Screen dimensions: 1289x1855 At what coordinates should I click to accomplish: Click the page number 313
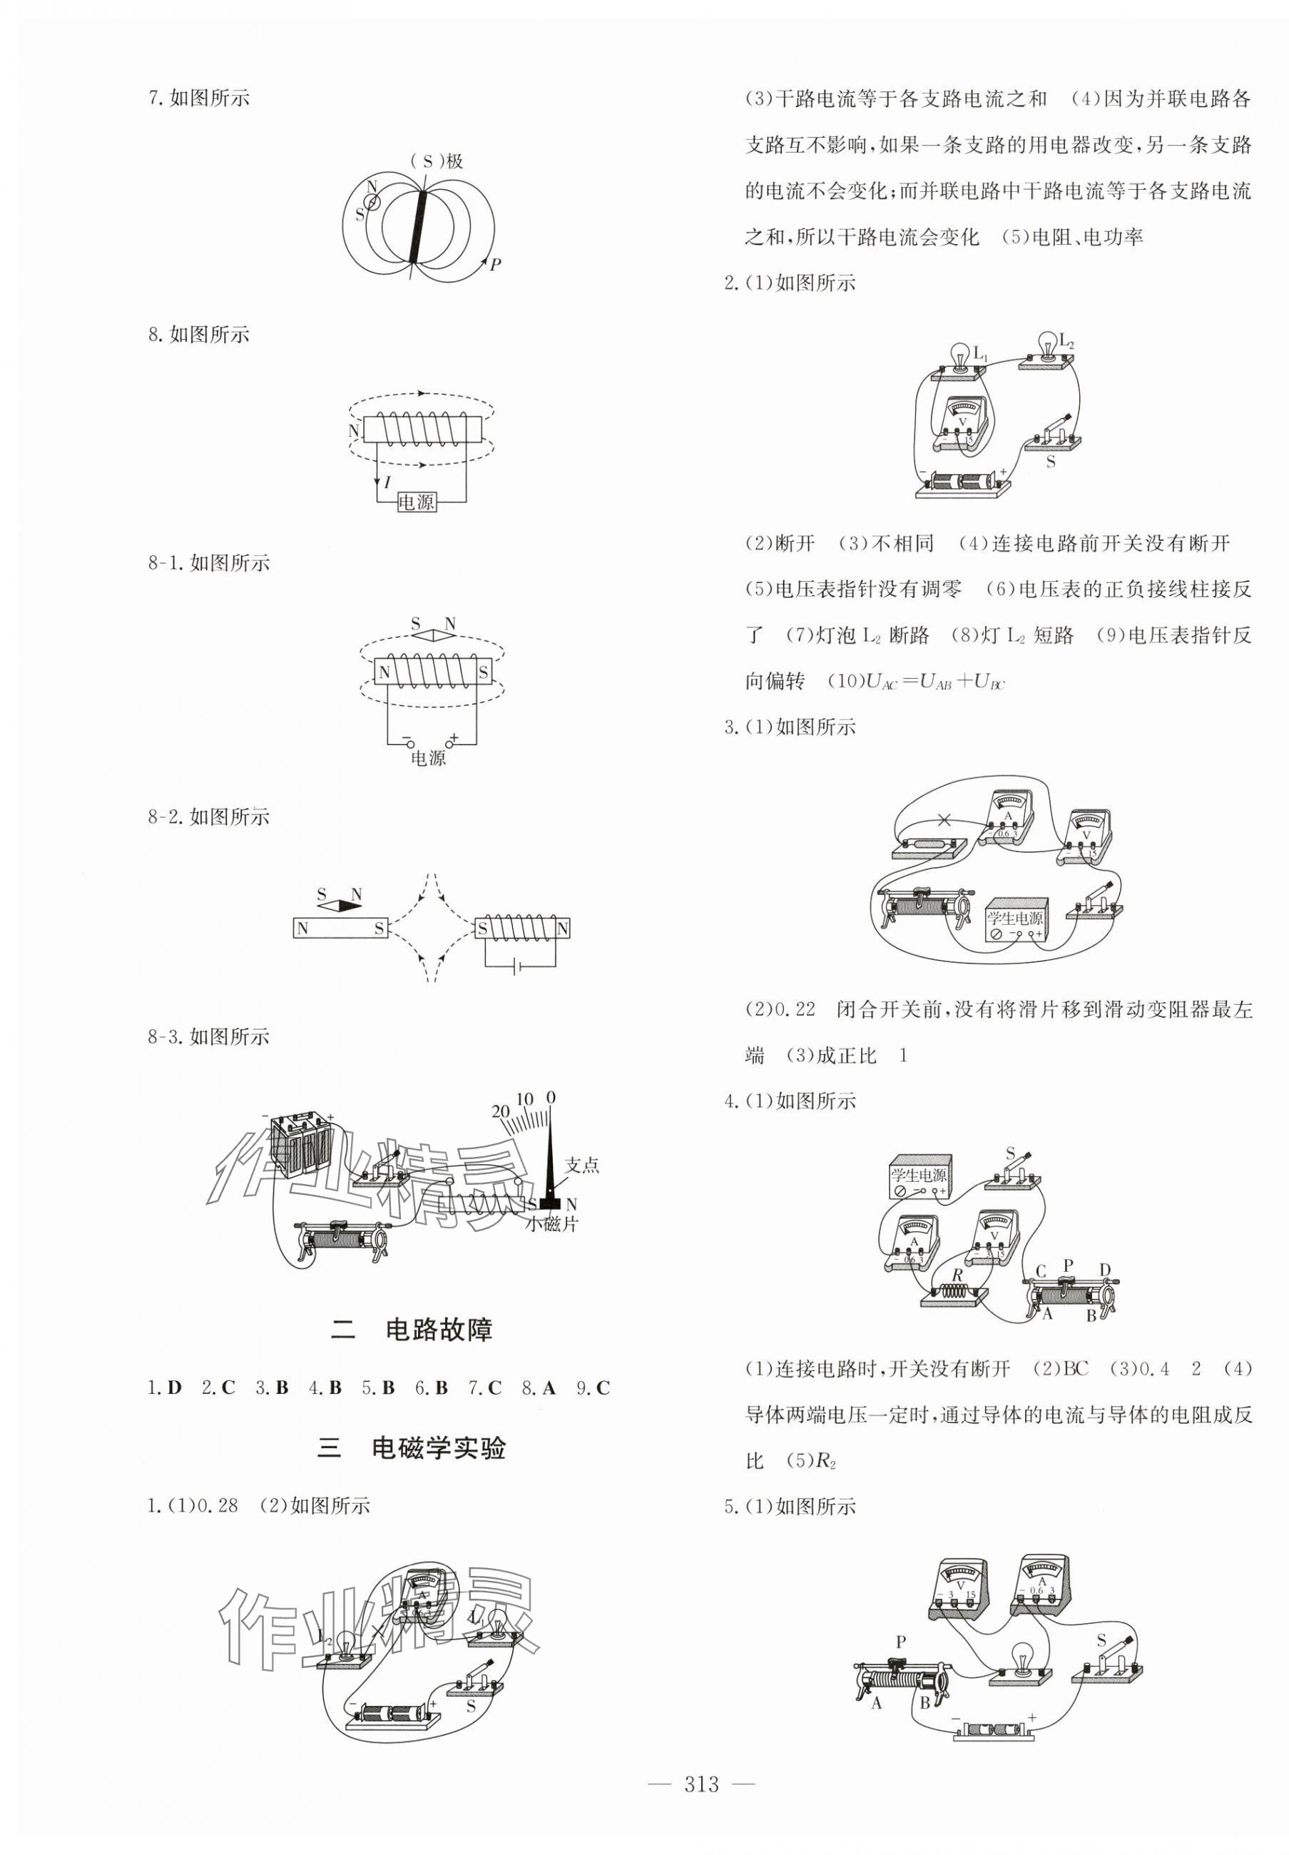click(x=701, y=1784)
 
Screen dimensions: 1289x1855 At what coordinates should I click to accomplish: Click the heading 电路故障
click(x=439, y=1330)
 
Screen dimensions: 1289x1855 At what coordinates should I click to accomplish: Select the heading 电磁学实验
click(x=439, y=1447)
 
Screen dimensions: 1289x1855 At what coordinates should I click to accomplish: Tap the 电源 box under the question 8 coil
click(x=417, y=502)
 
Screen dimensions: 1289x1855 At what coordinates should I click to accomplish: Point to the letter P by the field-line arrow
click(x=495, y=263)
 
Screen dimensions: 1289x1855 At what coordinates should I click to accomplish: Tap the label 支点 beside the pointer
click(x=581, y=1165)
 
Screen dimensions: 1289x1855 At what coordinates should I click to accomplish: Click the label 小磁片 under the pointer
click(x=551, y=1224)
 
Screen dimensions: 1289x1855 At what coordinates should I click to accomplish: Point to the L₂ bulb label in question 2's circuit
click(x=1066, y=342)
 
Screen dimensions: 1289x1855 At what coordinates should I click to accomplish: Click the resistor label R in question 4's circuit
click(x=957, y=1274)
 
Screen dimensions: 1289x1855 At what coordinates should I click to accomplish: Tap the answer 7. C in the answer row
click(x=484, y=1388)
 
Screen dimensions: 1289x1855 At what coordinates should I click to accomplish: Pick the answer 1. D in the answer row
click(x=165, y=1388)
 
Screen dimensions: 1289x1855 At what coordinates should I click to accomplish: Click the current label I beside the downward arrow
click(x=387, y=482)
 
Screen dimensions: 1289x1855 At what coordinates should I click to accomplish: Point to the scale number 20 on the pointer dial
click(x=501, y=1112)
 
